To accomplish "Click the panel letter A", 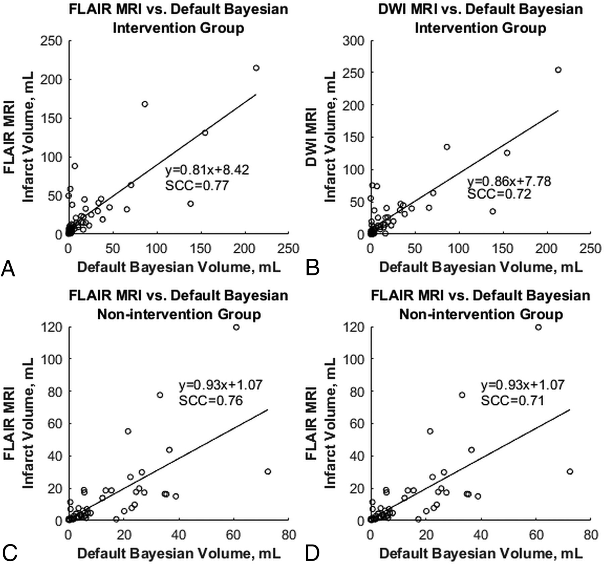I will (x=8, y=269).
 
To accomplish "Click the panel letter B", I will (x=312, y=269).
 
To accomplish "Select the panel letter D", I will (x=312, y=553).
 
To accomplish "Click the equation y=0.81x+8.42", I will (x=207, y=170).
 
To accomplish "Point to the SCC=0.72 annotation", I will (x=499, y=194).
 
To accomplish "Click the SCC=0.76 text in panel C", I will (x=211, y=401).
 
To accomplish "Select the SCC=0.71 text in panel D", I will (x=512, y=401).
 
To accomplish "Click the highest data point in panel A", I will (x=256, y=68).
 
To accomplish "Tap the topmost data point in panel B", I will (x=558, y=70).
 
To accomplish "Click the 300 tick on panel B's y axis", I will (x=353, y=41).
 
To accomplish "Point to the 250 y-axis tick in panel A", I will (x=51, y=41).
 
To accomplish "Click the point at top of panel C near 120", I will (x=236, y=327).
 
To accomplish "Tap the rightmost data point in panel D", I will (x=570, y=471).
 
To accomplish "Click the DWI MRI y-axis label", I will (x=312, y=138).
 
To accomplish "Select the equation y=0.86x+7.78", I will (x=509, y=182).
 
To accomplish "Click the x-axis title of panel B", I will (x=481, y=267).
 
